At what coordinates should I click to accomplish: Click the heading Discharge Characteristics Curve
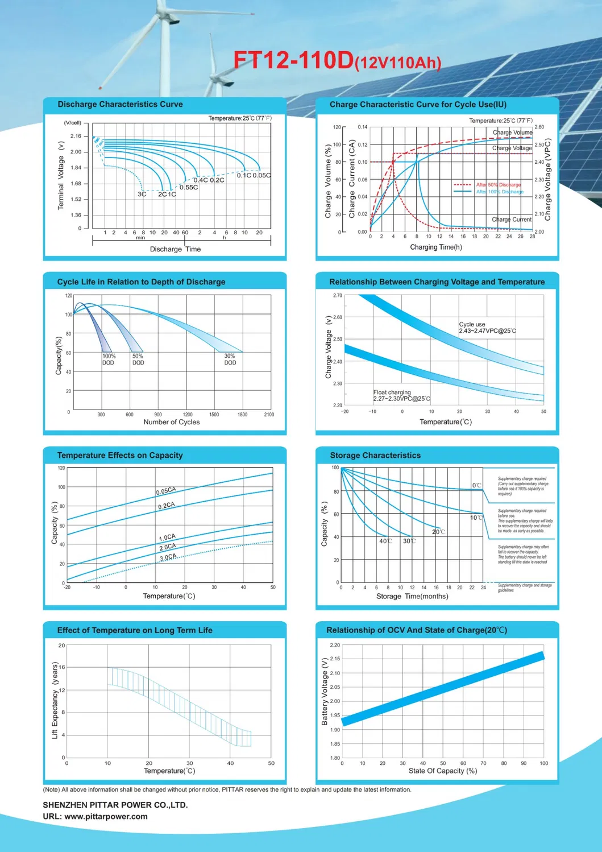pos(120,105)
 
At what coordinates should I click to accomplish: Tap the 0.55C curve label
pos(189,188)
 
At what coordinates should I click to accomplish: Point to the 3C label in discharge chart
pos(142,195)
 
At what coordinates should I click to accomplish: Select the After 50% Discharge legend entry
pos(498,185)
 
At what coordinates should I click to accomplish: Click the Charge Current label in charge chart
pos(511,220)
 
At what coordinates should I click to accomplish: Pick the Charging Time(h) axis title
pos(435,247)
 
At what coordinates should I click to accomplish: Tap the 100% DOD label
pos(109,359)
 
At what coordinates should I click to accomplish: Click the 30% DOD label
pos(230,359)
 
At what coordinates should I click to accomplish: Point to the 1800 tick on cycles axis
pos(242,415)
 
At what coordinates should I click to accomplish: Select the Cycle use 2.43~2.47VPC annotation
pos(487,328)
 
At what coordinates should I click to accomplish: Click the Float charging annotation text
pos(401,396)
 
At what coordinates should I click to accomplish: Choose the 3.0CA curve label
pos(168,557)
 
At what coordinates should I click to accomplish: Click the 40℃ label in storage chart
pos(385,541)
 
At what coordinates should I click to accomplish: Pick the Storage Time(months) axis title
pos(412,597)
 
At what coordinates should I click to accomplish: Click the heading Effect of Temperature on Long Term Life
pos(135,630)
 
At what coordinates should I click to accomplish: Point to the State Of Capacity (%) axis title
pos(442,771)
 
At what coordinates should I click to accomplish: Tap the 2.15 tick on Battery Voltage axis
pos(335,659)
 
